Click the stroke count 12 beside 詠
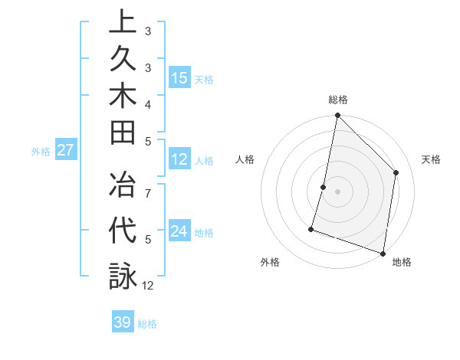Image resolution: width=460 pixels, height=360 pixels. click(x=148, y=286)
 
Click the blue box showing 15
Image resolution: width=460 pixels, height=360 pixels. click(x=179, y=77)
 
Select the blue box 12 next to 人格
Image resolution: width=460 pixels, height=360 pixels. click(x=179, y=159)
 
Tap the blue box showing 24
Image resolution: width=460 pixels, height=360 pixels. click(x=179, y=231)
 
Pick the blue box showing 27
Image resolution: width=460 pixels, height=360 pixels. click(x=66, y=150)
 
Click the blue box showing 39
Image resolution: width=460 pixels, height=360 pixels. click(x=123, y=322)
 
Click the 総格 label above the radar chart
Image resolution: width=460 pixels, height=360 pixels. click(x=338, y=100)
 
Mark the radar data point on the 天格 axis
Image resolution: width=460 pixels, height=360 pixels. click(x=396, y=172)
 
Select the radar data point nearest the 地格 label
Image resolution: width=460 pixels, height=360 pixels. click(x=383, y=253)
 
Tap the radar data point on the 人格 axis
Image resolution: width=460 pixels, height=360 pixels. click(x=324, y=187)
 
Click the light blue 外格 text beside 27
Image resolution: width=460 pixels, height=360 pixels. click(x=41, y=152)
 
